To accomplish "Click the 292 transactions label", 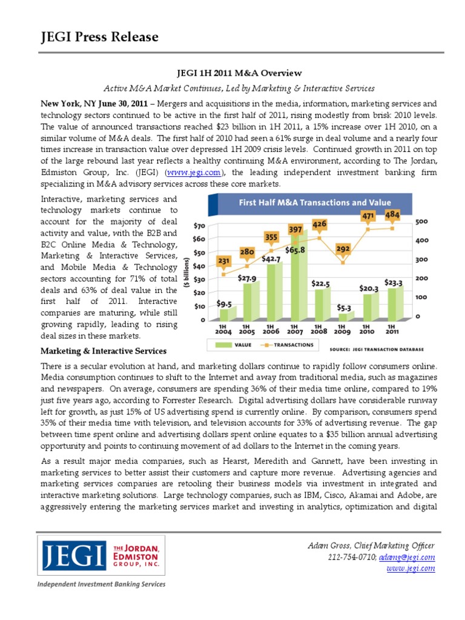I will pos(343,249).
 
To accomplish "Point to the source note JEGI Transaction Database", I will pos(377,349).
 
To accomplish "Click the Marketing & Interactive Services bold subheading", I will pos(104,351).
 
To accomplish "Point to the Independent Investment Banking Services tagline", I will pos(101,584).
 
